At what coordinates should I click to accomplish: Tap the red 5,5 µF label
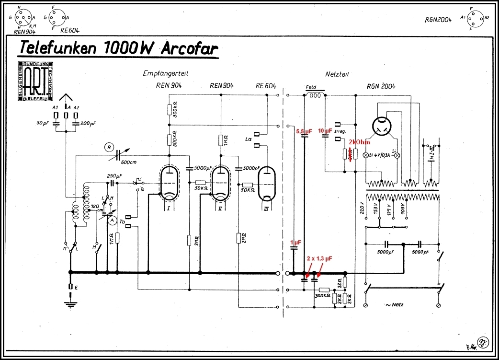click(x=305, y=131)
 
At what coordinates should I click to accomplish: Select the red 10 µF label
click(x=325, y=131)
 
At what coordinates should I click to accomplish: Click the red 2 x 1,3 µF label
click(x=319, y=258)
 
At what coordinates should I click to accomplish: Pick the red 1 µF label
click(x=295, y=243)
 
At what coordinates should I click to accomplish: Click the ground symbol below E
click(x=71, y=302)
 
